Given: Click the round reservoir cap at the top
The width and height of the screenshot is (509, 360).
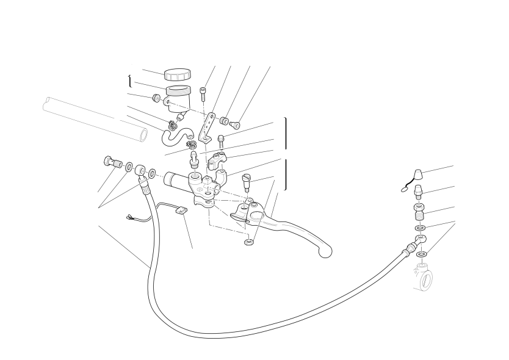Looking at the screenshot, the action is tap(177, 75).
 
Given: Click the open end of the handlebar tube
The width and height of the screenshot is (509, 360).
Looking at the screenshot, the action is tap(143, 134).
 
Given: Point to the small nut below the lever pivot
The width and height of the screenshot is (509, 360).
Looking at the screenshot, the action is tap(248, 243).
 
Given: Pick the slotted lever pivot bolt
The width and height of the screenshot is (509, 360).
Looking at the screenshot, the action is tap(248, 181).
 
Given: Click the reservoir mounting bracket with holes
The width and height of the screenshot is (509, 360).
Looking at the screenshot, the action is tap(209, 127).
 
